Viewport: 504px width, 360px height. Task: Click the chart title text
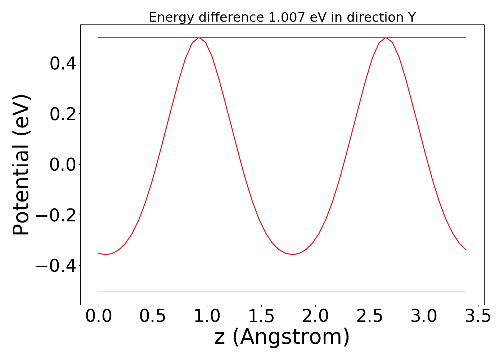click(282, 17)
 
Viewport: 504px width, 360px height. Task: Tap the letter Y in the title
click(412, 17)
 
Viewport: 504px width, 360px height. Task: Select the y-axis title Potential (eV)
click(22, 165)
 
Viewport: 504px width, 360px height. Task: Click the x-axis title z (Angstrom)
click(282, 337)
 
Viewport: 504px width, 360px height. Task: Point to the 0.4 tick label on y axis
click(63, 64)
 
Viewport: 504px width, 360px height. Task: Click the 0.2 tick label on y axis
click(63, 114)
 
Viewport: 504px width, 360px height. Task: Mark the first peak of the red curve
click(199, 37)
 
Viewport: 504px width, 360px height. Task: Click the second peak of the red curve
click(386, 37)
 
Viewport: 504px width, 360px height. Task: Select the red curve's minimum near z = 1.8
click(292, 255)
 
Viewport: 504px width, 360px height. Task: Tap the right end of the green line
click(466, 292)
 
